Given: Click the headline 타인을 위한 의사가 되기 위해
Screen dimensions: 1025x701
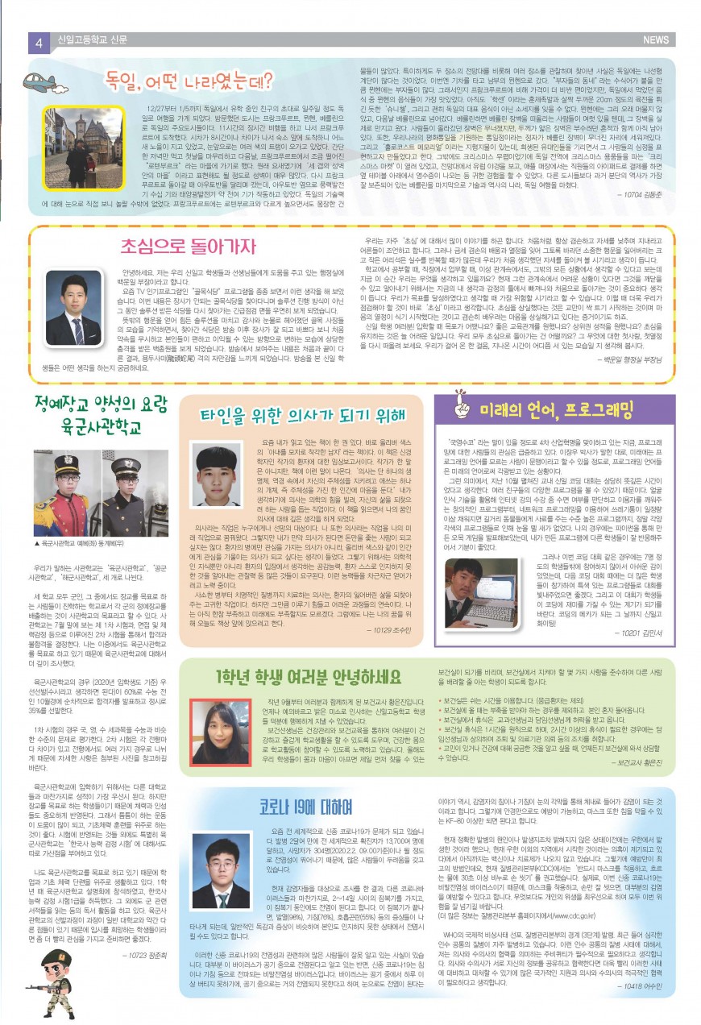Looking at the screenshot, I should pos(301,414).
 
